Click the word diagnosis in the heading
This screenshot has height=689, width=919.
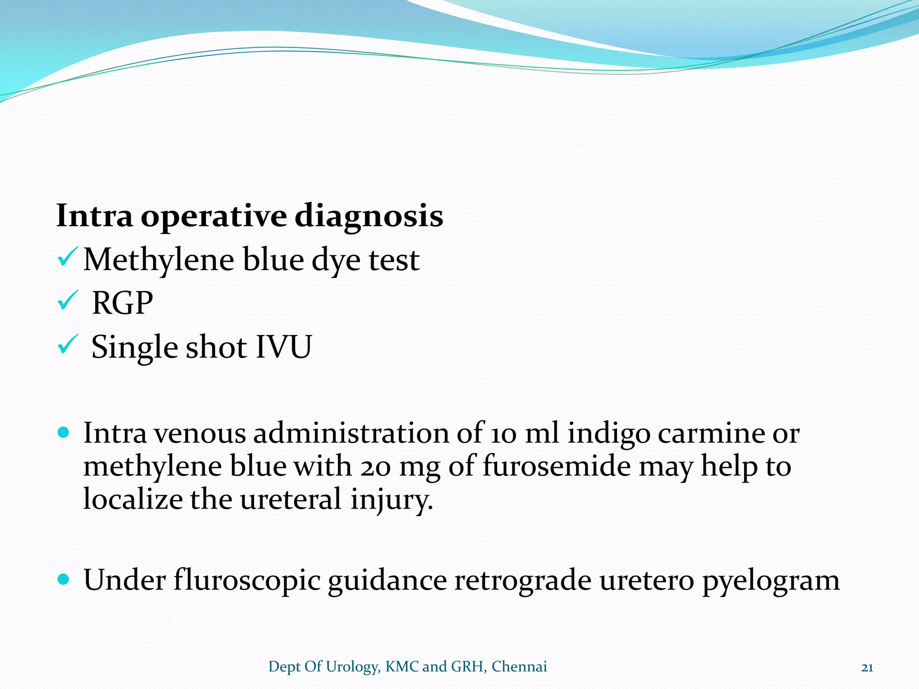click(x=368, y=217)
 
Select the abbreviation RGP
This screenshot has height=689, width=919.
click(x=122, y=304)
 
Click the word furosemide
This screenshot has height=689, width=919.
click(x=556, y=467)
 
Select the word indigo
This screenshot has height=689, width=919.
click(x=608, y=434)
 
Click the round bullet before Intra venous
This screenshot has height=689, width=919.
click(x=64, y=432)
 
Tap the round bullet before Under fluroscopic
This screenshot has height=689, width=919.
click(x=64, y=579)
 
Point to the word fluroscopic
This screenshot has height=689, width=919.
click(x=247, y=581)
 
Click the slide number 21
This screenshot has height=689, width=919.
click(x=867, y=667)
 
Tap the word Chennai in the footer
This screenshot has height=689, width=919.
click(x=519, y=667)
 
